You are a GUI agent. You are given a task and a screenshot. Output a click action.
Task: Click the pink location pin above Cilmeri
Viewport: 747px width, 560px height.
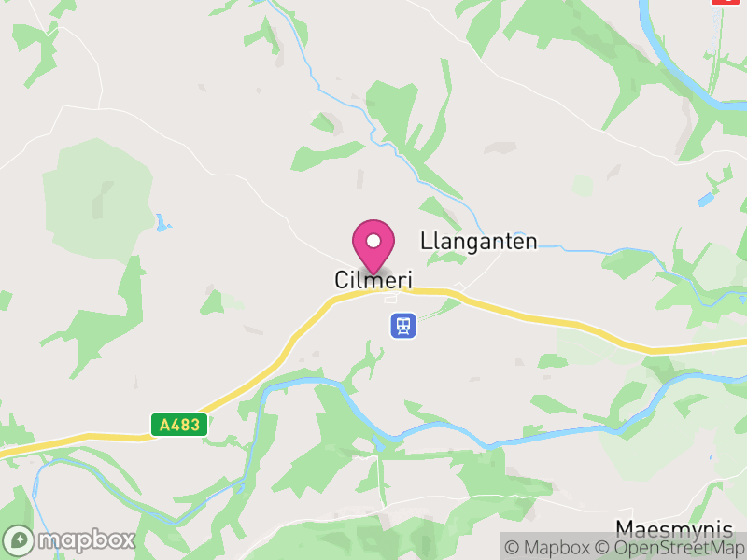pos(373,245)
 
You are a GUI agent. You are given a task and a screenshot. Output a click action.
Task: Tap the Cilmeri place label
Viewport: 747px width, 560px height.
pos(373,279)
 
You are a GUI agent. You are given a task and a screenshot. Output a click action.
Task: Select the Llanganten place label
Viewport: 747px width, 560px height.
pos(479,242)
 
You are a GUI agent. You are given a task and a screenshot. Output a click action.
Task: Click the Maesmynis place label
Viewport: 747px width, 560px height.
pos(674,526)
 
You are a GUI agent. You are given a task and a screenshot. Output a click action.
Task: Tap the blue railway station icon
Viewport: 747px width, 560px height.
pos(403,325)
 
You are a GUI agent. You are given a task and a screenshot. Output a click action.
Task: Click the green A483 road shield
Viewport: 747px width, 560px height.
pos(179,425)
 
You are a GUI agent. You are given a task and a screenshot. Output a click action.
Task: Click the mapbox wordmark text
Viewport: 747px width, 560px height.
pos(86,539)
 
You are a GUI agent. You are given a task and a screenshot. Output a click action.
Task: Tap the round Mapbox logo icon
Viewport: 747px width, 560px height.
pos(20,539)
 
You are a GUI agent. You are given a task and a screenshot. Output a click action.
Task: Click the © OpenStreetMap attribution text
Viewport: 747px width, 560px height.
pos(670,548)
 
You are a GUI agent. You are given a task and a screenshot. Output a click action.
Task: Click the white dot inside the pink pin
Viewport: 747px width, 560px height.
pos(373,241)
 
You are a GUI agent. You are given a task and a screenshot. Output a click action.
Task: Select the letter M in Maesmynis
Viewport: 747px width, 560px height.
pos(625,526)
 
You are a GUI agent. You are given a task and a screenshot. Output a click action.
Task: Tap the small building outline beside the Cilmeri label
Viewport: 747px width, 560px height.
pos(391,299)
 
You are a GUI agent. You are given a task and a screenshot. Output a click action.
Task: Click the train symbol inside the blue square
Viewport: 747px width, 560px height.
pos(403,325)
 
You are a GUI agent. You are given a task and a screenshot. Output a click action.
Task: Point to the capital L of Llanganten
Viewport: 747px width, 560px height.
pos(426,242)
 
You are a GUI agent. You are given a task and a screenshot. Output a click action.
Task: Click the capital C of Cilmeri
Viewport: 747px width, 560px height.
pos(342,279)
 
